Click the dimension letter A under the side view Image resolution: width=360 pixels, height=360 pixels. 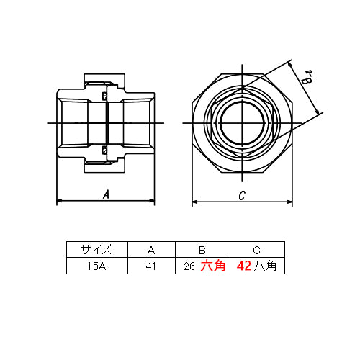click(106, 194)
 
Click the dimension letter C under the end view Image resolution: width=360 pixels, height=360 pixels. click(242, 195)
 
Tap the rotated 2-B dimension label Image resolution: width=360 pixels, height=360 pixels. click(307, 77)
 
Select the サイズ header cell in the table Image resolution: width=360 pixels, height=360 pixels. click(96, 250)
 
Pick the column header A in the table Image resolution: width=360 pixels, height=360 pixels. click(151, 251)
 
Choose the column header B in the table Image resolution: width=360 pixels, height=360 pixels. click(202, 251)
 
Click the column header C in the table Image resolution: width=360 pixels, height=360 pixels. click(256, 251)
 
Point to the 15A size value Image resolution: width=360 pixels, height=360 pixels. click(96, 266)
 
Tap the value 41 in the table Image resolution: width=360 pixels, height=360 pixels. click(150, 266)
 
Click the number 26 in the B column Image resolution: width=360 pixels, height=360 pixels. click(189, 266)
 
